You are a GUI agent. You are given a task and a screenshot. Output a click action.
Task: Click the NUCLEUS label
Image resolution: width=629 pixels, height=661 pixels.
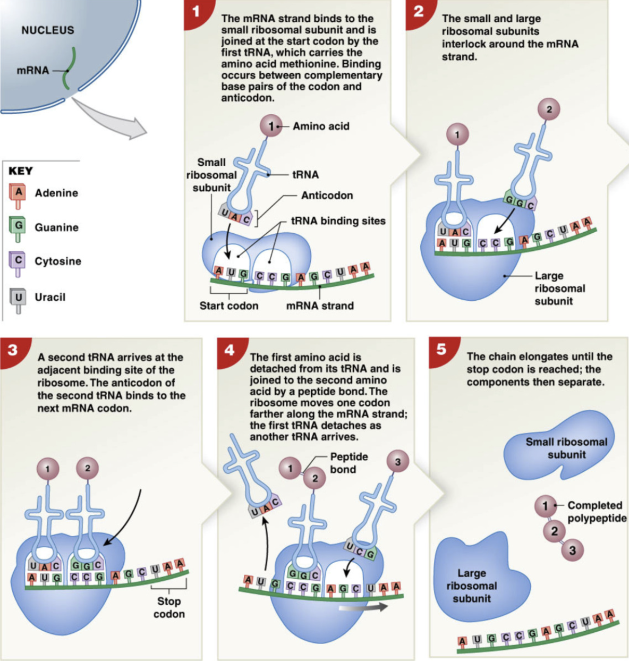[47, 30]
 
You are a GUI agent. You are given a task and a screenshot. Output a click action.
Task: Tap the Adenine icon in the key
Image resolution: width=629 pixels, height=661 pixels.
[18, 194]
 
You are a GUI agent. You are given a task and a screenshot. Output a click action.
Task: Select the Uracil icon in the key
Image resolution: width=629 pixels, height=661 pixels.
[18, 299]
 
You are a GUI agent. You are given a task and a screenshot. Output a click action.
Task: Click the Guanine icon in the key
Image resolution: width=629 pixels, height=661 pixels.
[18, 228]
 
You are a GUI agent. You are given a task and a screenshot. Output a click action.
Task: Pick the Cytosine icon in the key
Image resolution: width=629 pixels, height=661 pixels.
[18, 262]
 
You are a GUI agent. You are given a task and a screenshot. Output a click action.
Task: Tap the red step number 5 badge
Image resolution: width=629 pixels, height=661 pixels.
[441, 350]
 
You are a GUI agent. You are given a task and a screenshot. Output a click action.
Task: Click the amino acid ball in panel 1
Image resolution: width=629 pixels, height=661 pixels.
[271, 126]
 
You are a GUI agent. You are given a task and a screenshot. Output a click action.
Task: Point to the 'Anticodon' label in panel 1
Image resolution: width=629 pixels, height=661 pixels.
[327, 196]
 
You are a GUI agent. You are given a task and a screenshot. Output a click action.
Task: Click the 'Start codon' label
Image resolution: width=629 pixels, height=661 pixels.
[228, 306]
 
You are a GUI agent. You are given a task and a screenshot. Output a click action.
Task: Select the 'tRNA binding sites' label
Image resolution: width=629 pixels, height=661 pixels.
[338, 221]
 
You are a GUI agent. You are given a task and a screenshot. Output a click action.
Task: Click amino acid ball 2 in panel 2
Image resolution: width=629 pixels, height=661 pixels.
[549, 109]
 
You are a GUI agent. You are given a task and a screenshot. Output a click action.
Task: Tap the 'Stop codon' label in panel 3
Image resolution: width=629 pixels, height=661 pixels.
[169, 607]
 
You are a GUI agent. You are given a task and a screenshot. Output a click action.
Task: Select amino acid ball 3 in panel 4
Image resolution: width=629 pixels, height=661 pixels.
[397, 462]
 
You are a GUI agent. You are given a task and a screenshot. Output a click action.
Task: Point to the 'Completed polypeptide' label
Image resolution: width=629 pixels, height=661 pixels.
[596, 512]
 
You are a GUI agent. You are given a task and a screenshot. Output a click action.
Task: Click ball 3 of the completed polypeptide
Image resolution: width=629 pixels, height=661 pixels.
[572, 550]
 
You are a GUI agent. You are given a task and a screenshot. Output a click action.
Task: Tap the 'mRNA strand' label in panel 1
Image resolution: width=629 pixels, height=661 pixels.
[319, 306]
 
